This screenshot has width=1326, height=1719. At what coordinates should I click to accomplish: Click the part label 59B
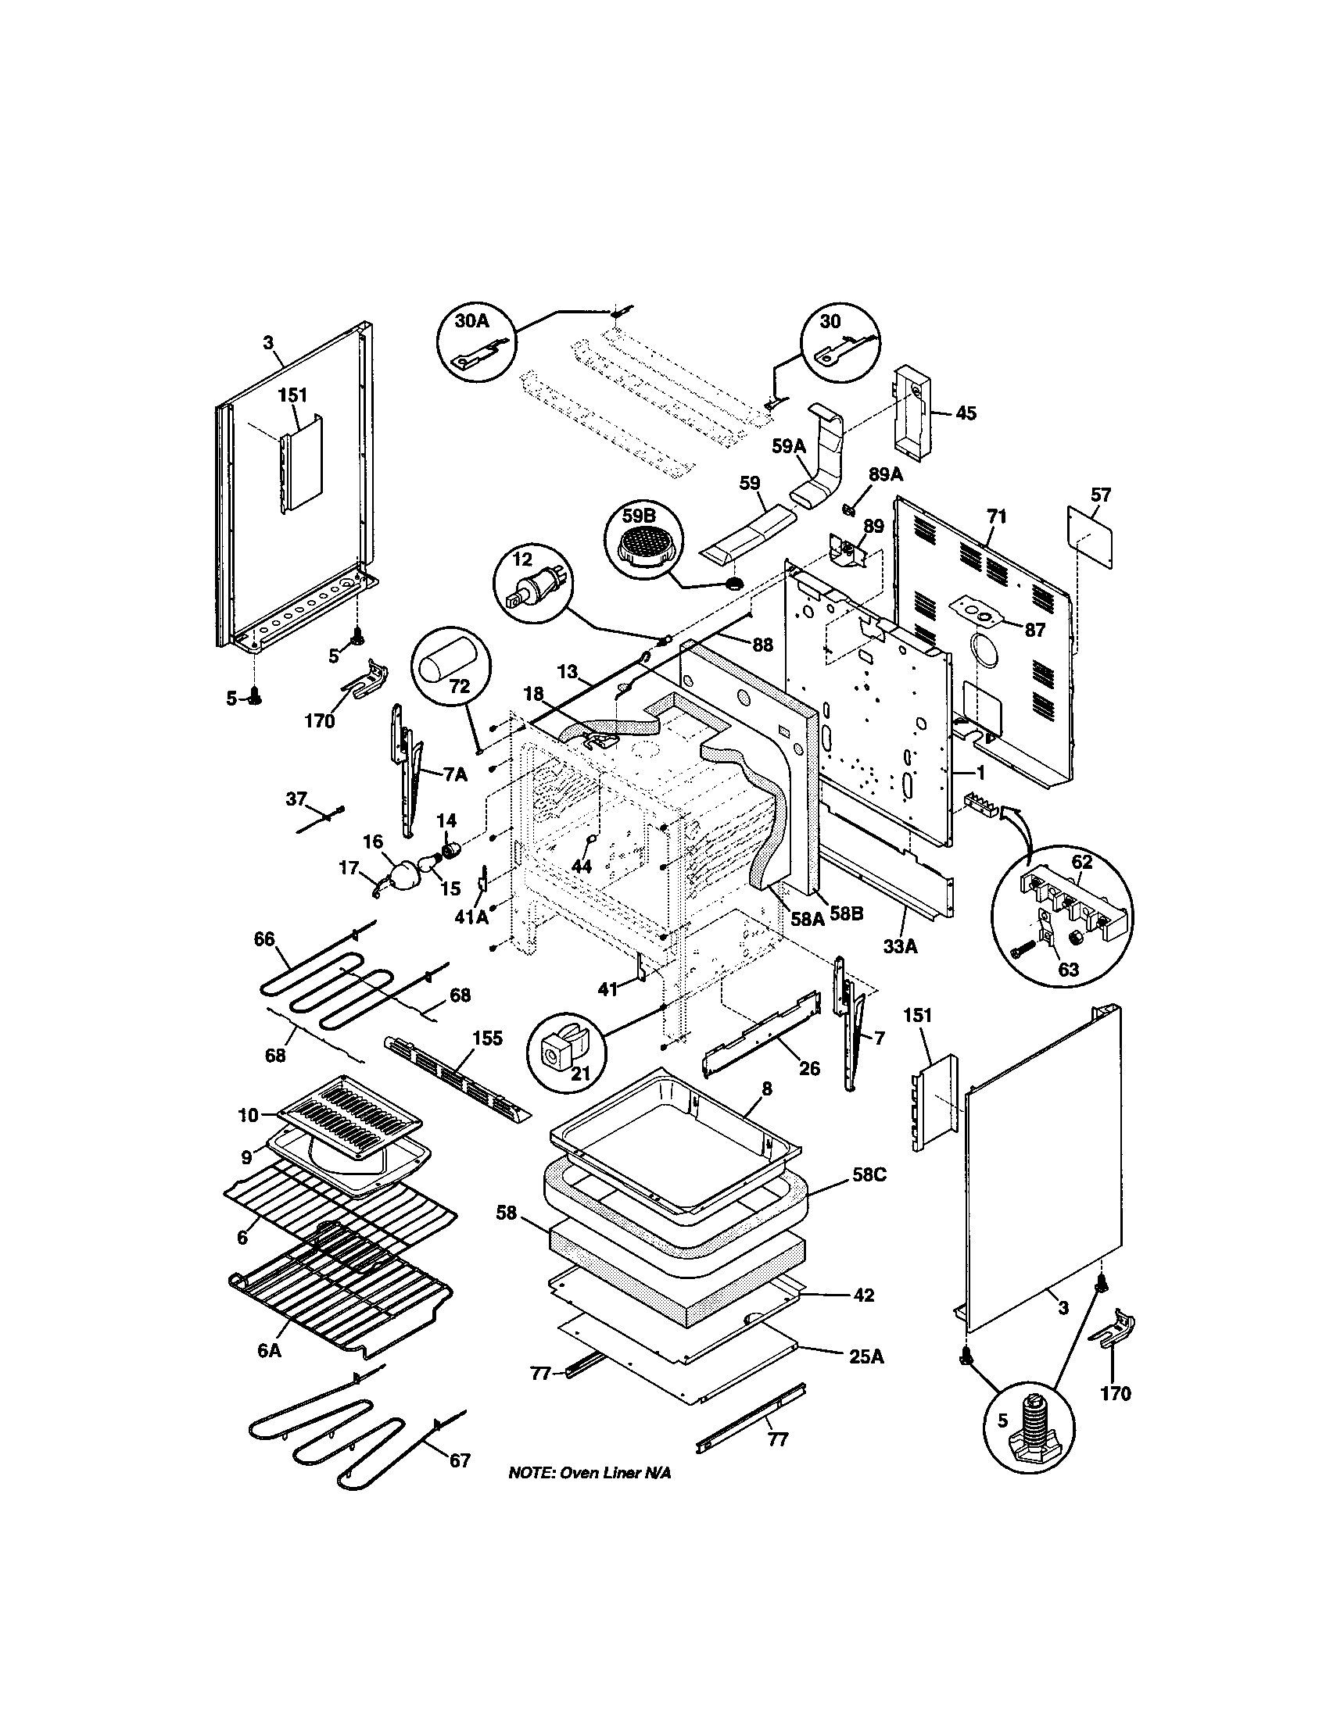(639, 516)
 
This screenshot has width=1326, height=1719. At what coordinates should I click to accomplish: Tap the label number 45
(966, 413)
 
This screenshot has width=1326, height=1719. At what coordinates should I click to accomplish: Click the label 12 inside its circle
(522, 559)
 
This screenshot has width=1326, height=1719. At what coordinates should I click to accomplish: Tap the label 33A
(900, 946)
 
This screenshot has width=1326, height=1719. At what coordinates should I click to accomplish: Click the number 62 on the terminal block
(1082, 862)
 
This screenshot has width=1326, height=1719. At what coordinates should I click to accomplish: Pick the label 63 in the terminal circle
(1068, 969)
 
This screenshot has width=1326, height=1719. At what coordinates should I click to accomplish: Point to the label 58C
(869, 1196)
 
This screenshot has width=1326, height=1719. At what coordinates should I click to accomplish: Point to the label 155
(486, 1038)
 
